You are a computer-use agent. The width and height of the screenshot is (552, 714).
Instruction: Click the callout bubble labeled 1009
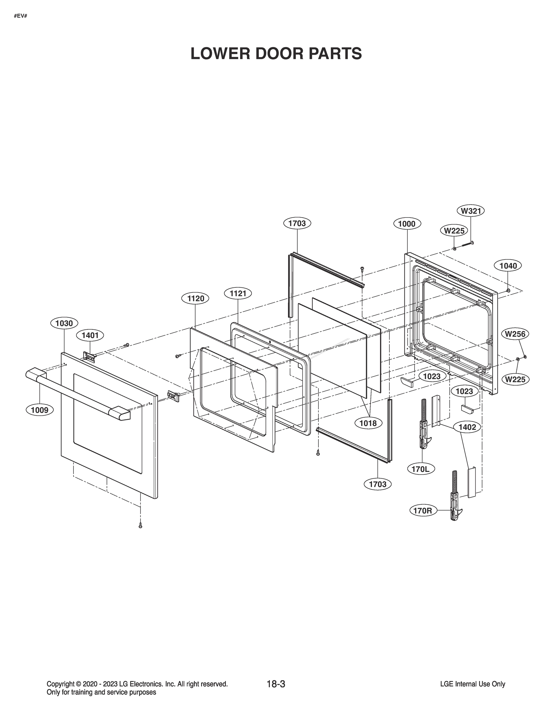[x=40, y=410]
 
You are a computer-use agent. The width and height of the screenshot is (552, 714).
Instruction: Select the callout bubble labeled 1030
[x=64, y=323]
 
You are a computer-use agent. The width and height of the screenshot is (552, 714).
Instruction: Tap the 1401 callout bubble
[x=90, y=335]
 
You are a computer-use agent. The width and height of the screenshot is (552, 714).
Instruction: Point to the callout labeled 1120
[x=195, y=298]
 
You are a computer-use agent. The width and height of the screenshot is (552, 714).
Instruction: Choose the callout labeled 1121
[x=238, y=293]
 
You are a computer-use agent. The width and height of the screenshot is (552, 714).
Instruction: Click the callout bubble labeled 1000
[x=407, y=224]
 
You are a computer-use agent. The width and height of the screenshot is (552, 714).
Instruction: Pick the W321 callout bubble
[x=470, y=211]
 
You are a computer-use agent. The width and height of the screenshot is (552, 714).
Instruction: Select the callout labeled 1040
[x=508, y=266]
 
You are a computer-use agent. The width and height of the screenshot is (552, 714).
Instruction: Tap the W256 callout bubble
[x=515, y=334]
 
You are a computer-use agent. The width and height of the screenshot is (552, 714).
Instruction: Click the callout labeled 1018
[x=368, y=423]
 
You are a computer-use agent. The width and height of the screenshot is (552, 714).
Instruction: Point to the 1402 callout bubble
[x=467, y=427]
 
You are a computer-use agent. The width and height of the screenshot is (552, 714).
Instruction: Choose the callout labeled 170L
[x=421, y=469]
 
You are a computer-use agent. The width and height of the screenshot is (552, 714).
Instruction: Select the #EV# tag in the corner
[x=20, y=16]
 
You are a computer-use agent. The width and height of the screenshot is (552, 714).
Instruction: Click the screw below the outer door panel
[x=140, y=526]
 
